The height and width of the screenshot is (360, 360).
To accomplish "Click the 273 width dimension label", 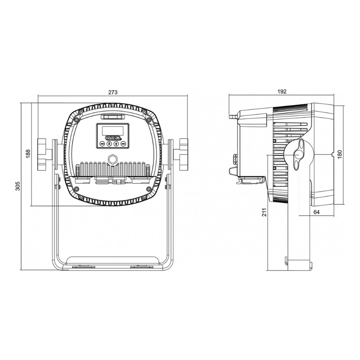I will [x=112, y=92].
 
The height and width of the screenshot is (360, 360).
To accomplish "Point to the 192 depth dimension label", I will [x=282, y=91].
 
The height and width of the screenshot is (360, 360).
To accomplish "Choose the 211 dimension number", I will [x=264, y=212].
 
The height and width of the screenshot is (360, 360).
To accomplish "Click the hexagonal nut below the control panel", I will [x=112, y=159].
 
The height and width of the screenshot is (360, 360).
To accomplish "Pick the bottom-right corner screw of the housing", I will [x=144, y=197].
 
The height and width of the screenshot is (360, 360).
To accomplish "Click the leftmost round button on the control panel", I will [x=102, y=144].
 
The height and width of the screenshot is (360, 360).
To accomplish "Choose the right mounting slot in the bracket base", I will [x=139, y=267].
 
